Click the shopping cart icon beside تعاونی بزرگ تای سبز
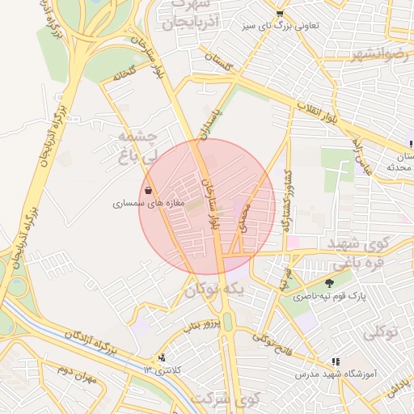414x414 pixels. [x=280, y=14]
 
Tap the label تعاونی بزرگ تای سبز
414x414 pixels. [x=281, y=26]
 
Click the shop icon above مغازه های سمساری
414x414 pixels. [x=148, y=191]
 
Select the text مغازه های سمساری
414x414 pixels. [x=149, y=204]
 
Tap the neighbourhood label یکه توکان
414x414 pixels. [x=213, y=289]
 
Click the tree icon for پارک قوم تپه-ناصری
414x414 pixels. [x=329, y=283]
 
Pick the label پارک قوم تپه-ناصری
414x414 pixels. [x=329, y=297]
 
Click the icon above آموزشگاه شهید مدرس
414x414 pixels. [x=335, y=362]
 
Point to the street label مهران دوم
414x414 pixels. [x=77, y=376]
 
